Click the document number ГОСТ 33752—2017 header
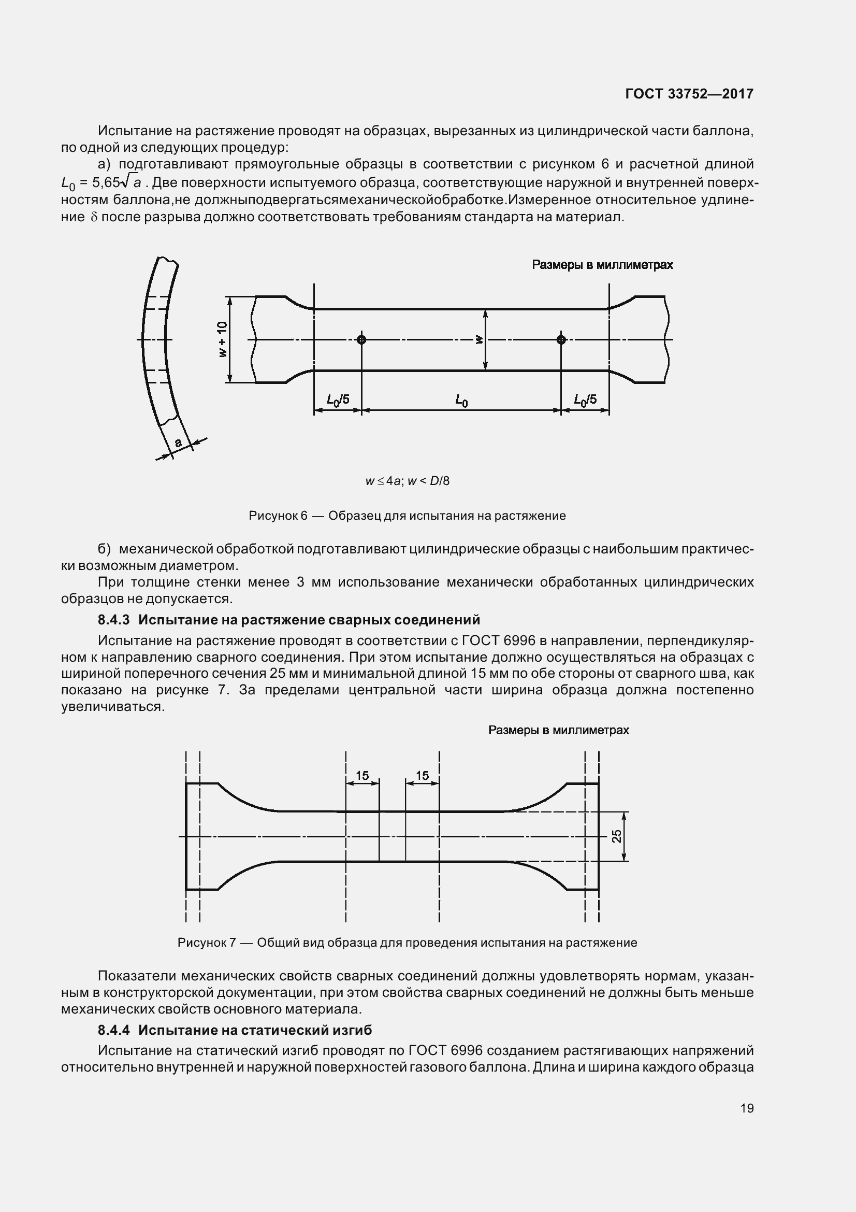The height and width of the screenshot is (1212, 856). (689, 94)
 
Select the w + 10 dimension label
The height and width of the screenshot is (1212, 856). (223, 339)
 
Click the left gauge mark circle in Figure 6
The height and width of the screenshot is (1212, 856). (361, 339)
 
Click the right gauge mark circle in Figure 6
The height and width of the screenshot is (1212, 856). (561, 339)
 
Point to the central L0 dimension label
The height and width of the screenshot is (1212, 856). (461, 401)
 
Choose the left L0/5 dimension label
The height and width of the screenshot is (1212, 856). (338, 400)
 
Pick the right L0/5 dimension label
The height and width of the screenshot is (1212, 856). (585, 400)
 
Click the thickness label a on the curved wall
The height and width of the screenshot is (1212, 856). (178, 443)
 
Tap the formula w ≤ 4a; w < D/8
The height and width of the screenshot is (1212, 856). (407, 481)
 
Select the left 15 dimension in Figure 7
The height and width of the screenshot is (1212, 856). (362, 776)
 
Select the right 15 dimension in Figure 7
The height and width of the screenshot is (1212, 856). (423, 776)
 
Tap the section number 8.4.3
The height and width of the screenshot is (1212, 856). (114, 620)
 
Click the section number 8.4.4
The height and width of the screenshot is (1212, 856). (114, 1030)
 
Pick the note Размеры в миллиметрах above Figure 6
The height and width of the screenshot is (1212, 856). (602, 265)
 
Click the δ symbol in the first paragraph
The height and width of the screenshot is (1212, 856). (94, 218)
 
